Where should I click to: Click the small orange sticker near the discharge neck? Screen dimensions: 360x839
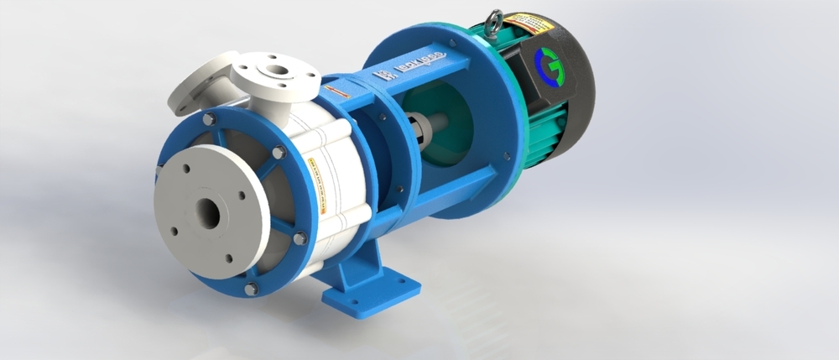pos(332,86)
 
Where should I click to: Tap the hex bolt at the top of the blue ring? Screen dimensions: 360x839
pos(207,120)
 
